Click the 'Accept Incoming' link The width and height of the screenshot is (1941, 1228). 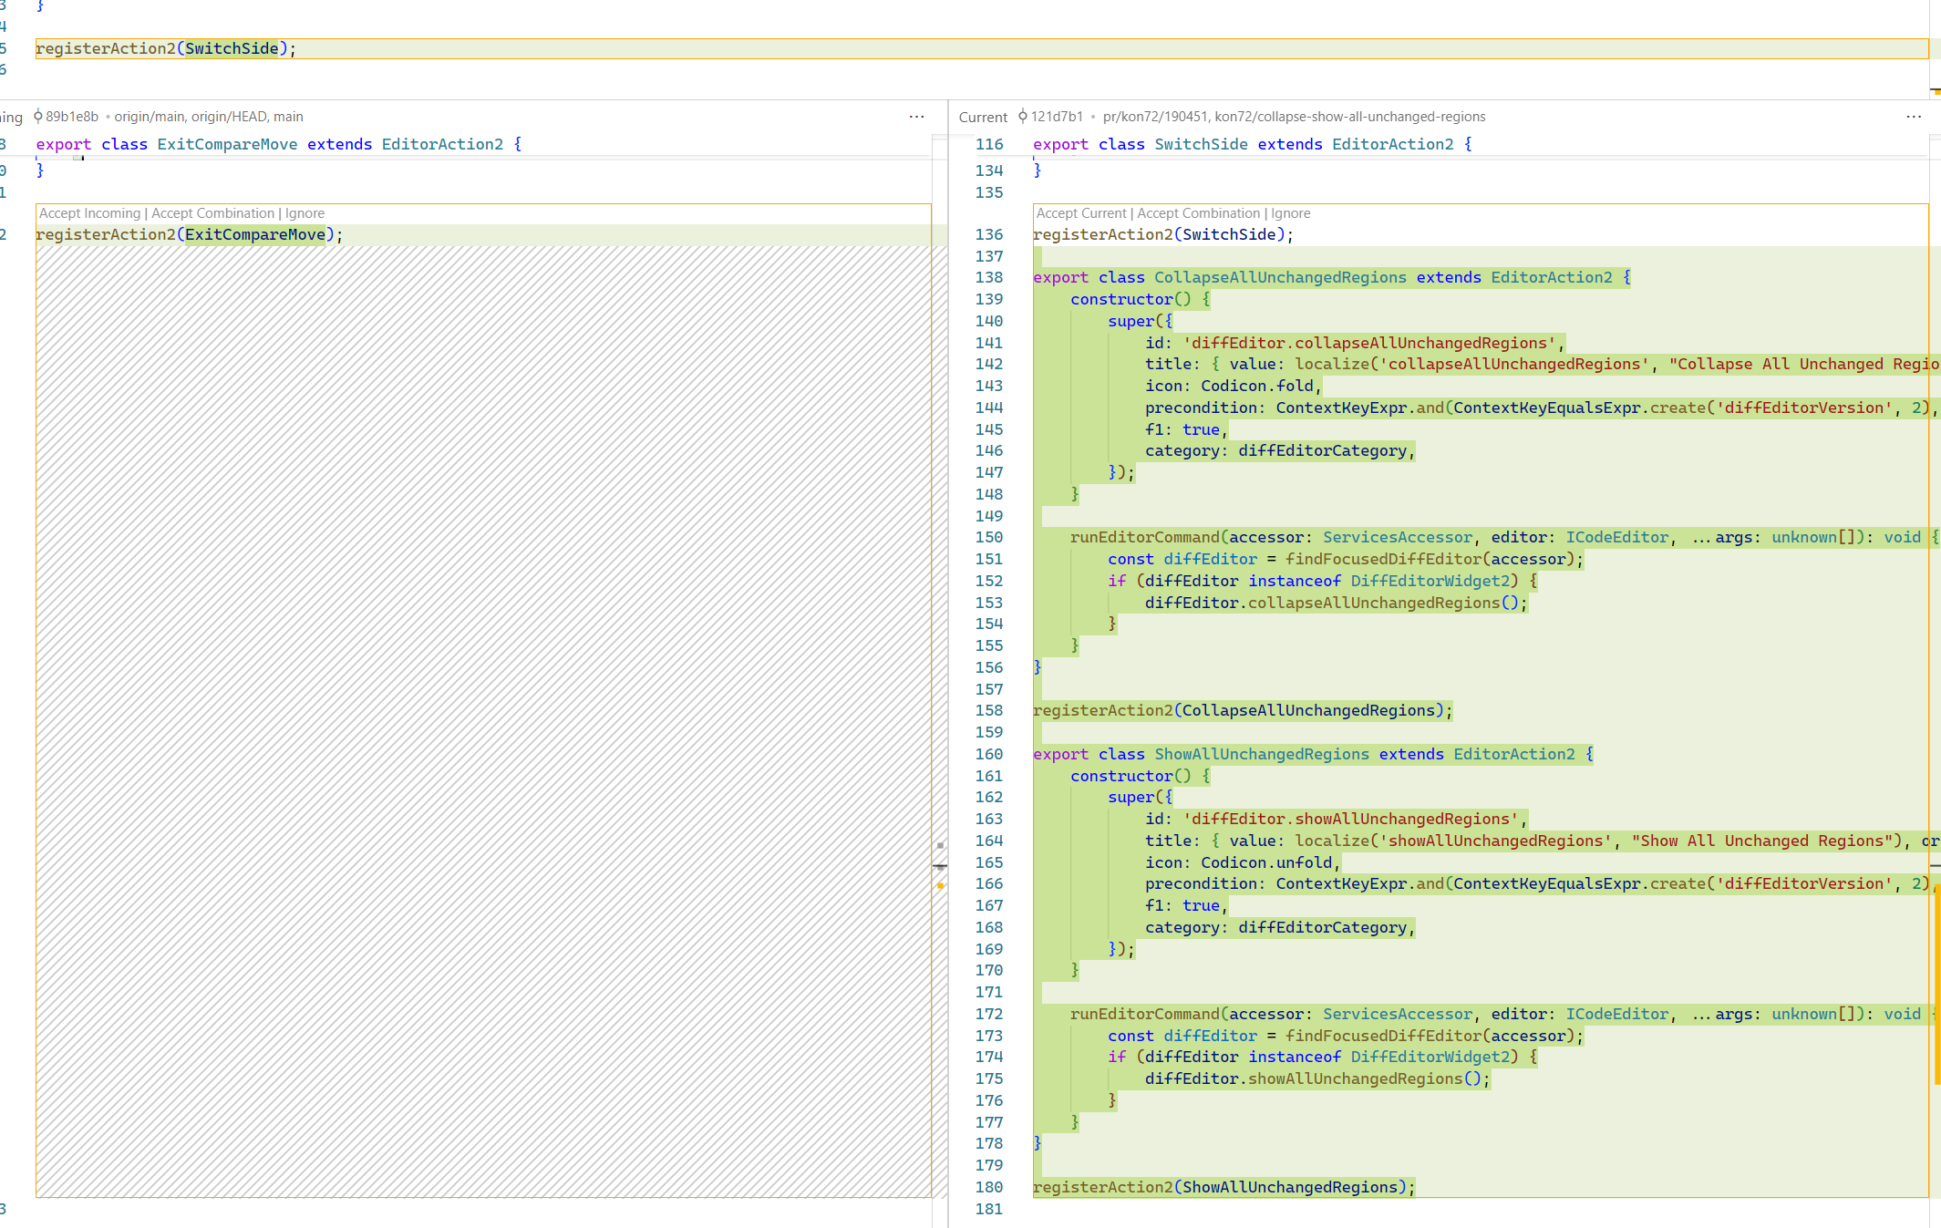tap(89, 213)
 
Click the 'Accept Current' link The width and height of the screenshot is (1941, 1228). tap(1081, 213)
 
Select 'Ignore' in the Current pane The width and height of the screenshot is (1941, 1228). tap(1290, 213)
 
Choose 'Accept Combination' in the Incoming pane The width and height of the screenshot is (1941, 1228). tap(212, 213)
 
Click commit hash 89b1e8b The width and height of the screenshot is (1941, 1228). tap(71, 117)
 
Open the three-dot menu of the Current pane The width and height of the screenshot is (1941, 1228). tap(1913, 117)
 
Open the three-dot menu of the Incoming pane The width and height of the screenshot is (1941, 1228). tap(916, 117)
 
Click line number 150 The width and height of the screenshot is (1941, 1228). tap(988, 538)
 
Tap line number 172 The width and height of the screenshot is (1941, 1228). tap(988, 1014)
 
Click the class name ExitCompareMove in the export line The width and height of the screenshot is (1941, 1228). tap(227, 144)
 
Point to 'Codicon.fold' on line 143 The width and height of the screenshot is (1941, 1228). tap(1256, 386)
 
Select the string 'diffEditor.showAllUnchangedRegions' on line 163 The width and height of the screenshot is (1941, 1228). tap(1350, 819)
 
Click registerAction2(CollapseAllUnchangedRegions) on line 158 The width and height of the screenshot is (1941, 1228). tap(1241, 710)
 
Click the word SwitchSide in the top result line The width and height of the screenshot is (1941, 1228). tap(232, 48)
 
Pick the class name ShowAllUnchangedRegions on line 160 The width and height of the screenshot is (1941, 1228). tap(1261, 754)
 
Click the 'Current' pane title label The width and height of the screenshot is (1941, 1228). tap(983, 117)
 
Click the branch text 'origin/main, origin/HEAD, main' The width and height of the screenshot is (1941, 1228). tap(209, 117)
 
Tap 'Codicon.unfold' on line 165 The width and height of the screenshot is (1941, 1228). tap(1265, 862)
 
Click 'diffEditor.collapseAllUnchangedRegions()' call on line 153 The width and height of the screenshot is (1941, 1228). tap(1335, 603)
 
